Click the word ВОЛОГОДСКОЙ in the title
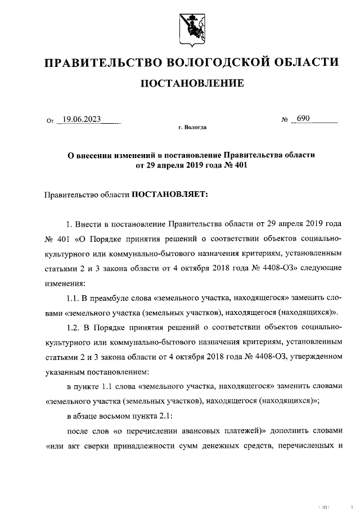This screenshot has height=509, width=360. (x=219, y=61)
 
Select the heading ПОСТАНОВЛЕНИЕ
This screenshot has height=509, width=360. (x=192, y=84)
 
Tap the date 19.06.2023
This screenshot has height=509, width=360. (x=82, y=119)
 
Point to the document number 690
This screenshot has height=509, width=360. (x=304, y=119)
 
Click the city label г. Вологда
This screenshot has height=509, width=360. (x=192, y=128)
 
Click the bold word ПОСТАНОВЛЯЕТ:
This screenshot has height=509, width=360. (x=170, y=194)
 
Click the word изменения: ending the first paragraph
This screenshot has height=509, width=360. (x=65, y=282)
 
